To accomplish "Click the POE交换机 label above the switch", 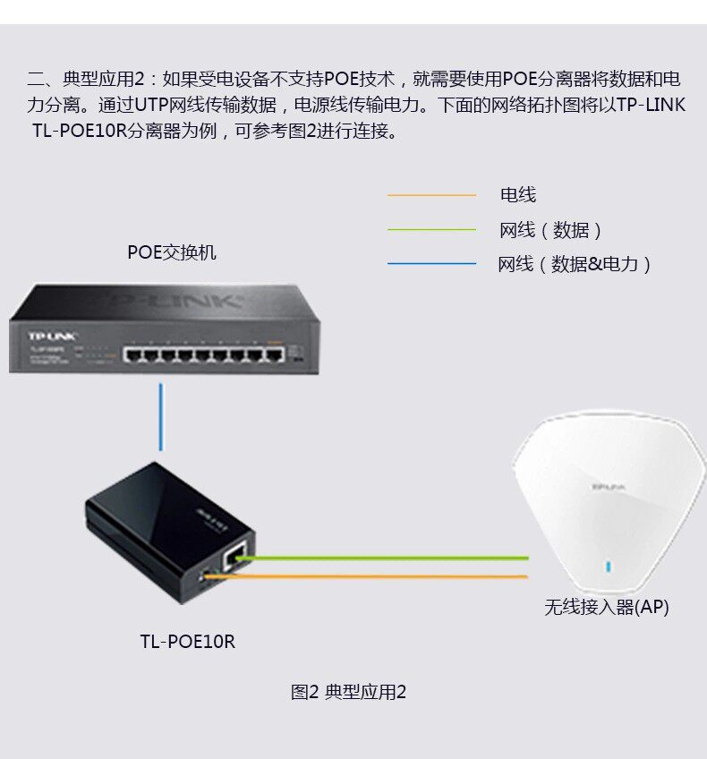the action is [172, 252].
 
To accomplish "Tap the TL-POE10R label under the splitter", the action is [187, 641].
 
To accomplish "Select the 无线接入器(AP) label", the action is [606, 607].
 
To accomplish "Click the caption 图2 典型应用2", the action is [348, 692].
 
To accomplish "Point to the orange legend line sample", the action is [431, 194].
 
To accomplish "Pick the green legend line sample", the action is [431, 230].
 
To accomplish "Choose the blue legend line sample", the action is [431, 264].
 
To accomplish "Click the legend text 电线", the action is [517, 194].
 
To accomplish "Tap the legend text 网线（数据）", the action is [551, 230].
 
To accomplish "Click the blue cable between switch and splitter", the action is [161, 417].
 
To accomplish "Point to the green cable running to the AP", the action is [385, 559].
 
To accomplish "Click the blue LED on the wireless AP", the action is [609, 567].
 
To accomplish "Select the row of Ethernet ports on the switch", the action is [203, 355].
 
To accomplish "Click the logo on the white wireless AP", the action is [609, 486].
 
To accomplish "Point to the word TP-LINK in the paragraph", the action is [651, 105].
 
